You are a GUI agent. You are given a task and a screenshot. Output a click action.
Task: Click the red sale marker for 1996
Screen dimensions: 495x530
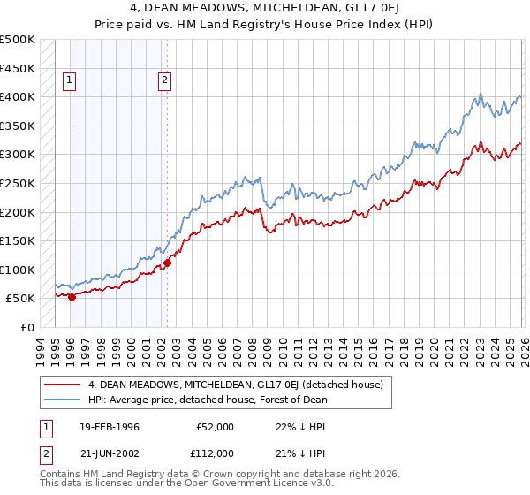pos(72,297)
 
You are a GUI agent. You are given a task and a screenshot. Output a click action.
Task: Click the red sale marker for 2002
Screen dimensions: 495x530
pos(167,263)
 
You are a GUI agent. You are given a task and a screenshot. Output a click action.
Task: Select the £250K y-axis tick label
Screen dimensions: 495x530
pos(18,184)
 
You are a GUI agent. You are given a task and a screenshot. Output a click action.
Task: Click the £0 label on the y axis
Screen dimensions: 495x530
pos(27,327)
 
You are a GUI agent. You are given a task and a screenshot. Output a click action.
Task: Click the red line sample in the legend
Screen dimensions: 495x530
pos(63,385)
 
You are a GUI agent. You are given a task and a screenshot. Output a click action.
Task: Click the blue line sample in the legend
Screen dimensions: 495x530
pos(63,399)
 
